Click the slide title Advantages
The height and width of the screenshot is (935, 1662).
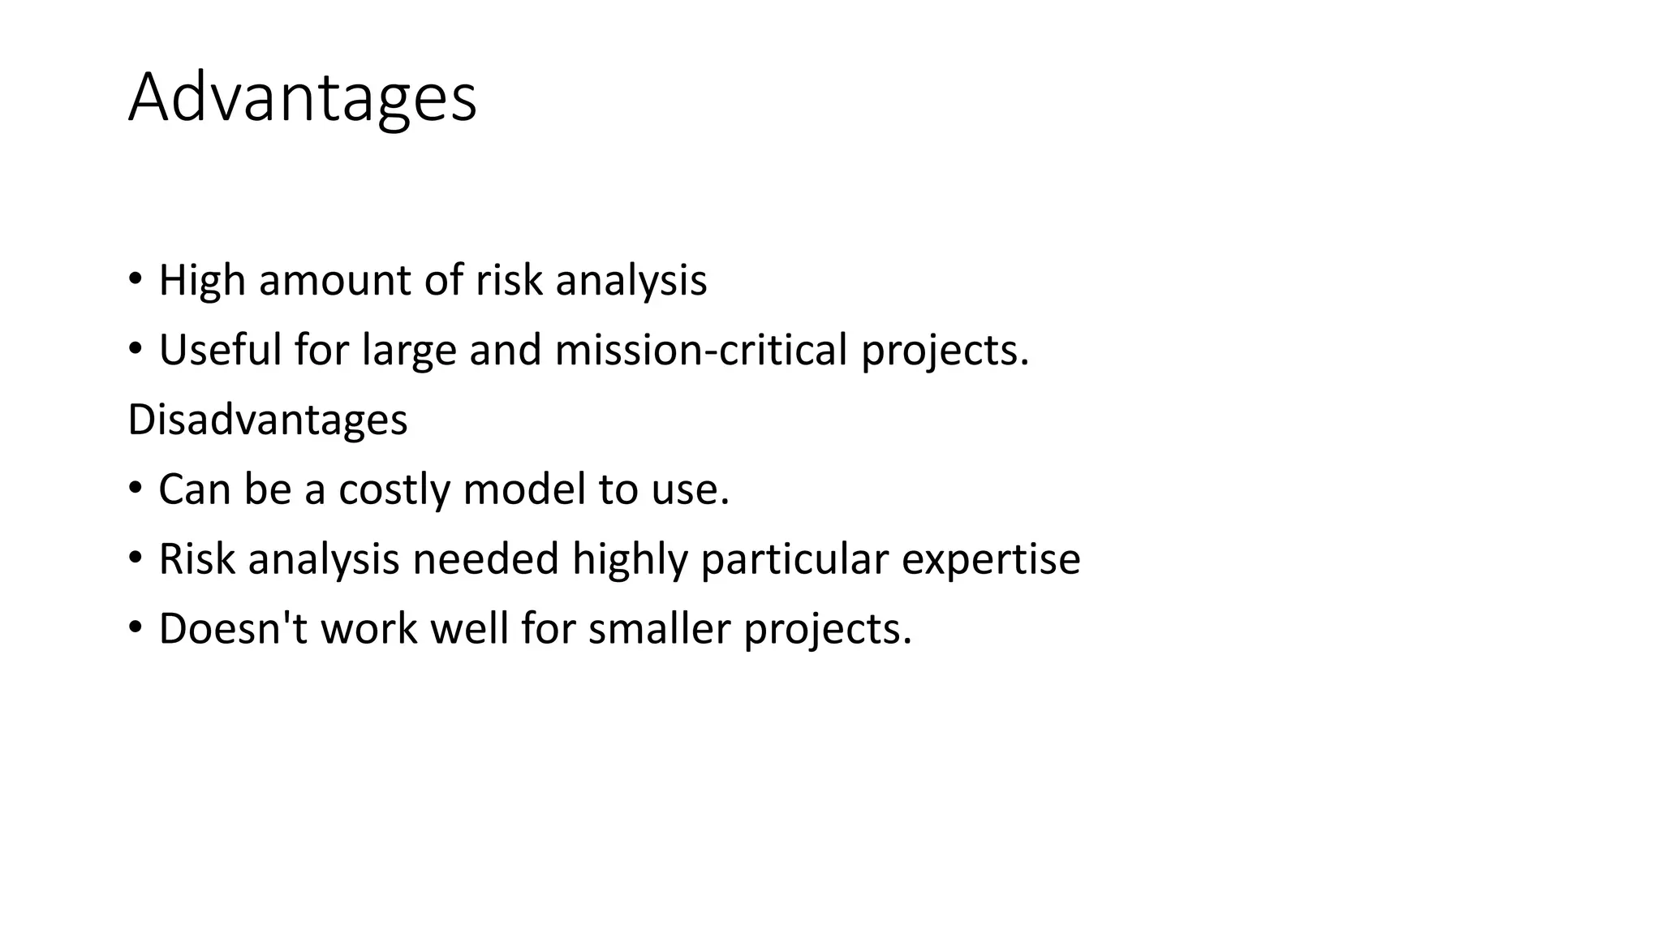302,98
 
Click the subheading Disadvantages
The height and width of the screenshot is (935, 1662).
267,420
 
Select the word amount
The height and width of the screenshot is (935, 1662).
334,281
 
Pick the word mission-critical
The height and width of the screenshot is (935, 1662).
701,351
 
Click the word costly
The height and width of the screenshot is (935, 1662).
394,490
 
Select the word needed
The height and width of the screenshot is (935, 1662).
485,559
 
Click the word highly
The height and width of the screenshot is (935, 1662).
629,560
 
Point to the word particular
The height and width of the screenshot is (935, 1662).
794,560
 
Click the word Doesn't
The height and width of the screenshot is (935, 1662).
233,629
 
